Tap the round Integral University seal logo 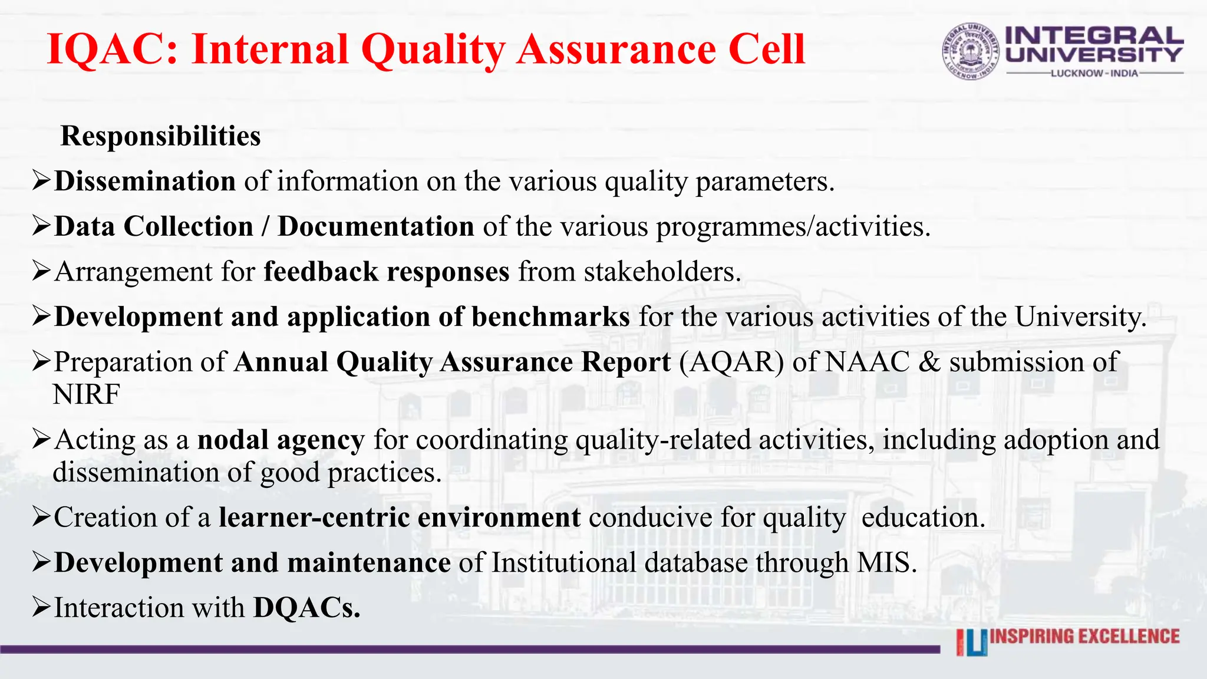coord(971,52)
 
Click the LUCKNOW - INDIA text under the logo coord(1094,74)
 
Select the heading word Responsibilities coord(160,136)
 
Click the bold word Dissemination coord(145,181)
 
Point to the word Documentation coord(376,226)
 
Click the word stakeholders coord(662,272)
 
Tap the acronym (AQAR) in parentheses coord(731,362)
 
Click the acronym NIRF coord(86,394)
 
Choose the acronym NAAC coord(867,362)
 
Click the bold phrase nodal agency coord(281,440)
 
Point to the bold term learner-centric coord(314,518)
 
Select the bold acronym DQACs coord(306,608)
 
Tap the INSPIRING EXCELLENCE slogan coord(1084,637)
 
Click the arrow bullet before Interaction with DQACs coord(41,607)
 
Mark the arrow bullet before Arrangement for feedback coord(41,271)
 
